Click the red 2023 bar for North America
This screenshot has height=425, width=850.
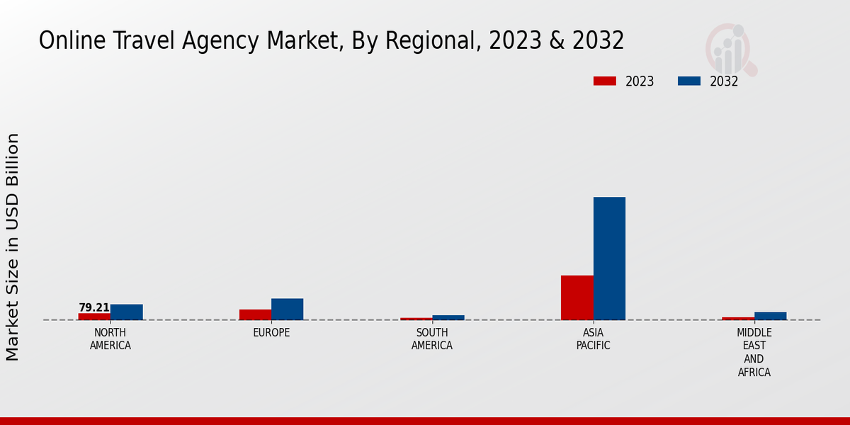click(94, 317)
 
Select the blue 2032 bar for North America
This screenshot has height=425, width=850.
click(127, 312)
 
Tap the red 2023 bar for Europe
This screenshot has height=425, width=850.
click(255, 314)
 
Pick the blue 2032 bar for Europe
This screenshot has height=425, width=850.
click(288, 310)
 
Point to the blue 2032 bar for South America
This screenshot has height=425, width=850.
click(448, 317)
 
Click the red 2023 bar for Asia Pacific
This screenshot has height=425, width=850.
click(577, 297)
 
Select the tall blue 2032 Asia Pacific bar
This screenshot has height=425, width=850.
click(609, 259)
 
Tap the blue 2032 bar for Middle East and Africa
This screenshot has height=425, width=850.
click(771, 316)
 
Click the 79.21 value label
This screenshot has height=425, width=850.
click(94, 307)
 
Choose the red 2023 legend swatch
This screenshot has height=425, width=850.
click(605, 81)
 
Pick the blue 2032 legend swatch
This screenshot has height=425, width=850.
click(689, 81)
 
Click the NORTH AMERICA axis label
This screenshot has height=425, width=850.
click(110, 339)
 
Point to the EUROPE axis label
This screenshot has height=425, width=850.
click(271, 333)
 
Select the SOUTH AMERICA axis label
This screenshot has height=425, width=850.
click(432, 339)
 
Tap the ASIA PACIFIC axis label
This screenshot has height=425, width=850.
click(594, 339)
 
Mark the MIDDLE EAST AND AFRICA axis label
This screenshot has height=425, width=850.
click(754, 352)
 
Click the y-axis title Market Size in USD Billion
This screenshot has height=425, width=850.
click(13, 246)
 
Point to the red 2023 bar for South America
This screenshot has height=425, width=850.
click(416, 319)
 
